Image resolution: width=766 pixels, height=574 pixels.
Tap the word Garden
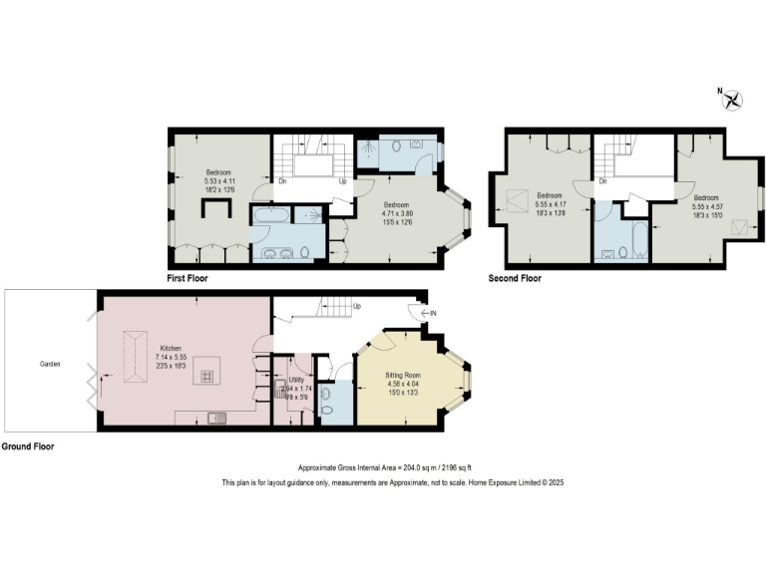click(50, 365)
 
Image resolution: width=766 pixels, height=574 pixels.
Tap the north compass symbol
click(733, 98)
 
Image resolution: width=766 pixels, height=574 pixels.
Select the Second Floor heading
click(515, 279)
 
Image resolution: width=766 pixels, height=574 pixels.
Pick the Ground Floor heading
click(28, 446)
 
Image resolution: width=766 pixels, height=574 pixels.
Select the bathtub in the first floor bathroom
click(269, 214)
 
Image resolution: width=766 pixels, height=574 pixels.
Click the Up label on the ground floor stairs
click(356, 306)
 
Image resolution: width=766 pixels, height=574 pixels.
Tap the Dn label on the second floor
click(601, 181)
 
